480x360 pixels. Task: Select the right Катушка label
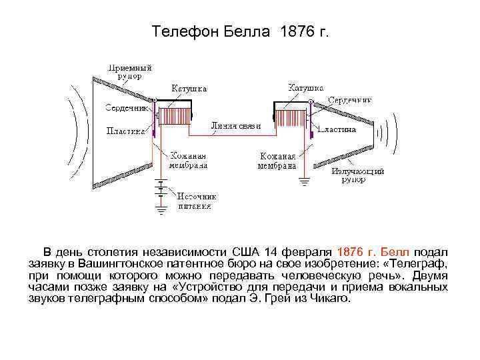(306, 87)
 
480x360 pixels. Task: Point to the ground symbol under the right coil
(305, 180)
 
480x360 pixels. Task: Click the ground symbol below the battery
(161, 211)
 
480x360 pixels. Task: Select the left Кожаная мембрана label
(187, 160)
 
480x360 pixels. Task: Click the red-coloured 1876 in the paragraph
(350, 252)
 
